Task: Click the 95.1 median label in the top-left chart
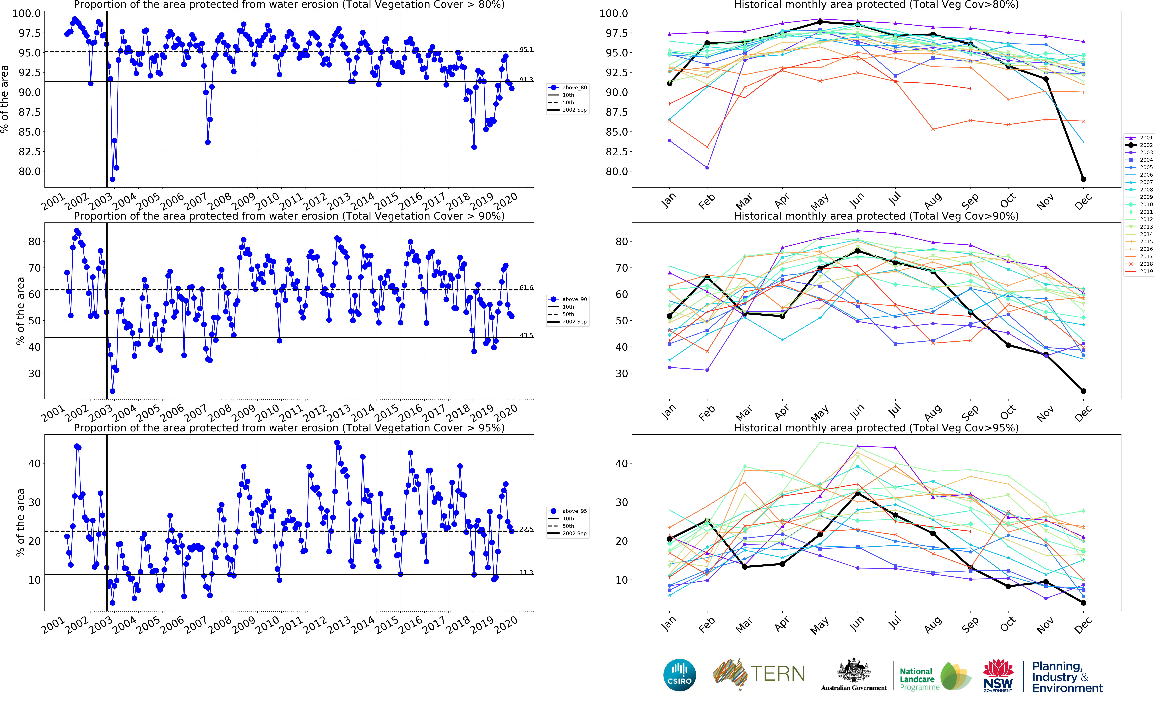click(x=526, y=50)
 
